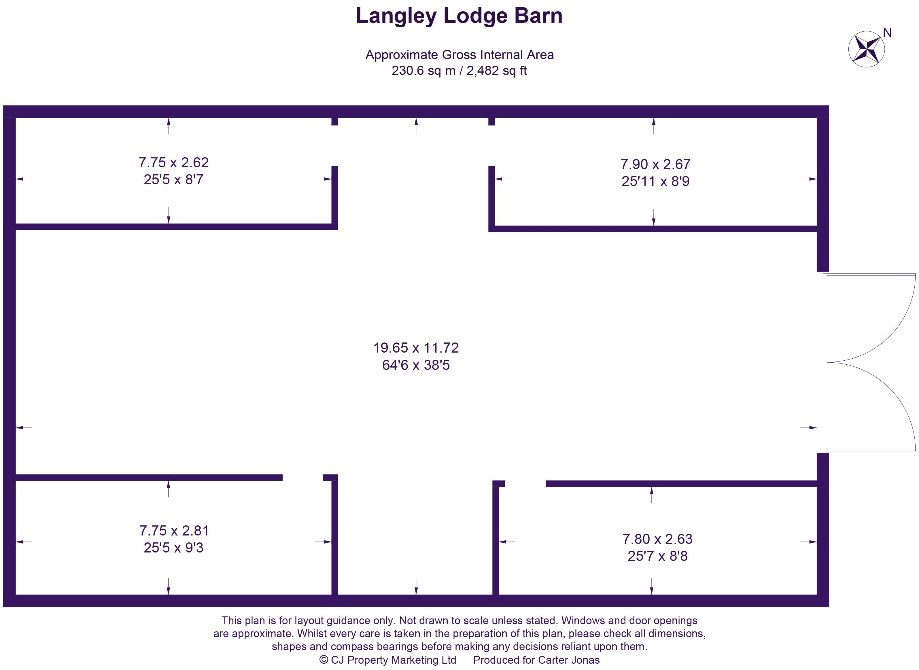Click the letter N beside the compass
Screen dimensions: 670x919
(887, 33)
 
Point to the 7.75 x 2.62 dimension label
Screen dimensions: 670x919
(174, 163)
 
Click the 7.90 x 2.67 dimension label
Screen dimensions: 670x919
(655, 164)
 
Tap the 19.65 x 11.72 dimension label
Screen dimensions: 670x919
(416, 348)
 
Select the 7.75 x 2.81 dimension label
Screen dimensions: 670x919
(174, 531)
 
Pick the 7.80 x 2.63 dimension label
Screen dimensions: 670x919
(657, 539)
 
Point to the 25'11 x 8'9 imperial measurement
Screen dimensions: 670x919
(655, 181)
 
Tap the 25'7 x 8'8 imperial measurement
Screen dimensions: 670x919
(657, 556)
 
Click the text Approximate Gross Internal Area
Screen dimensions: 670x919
(459, 55)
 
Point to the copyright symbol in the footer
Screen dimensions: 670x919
(323, 660)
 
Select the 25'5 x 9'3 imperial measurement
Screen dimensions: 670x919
(174, 548)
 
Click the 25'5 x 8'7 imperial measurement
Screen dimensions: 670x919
(174, 180)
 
